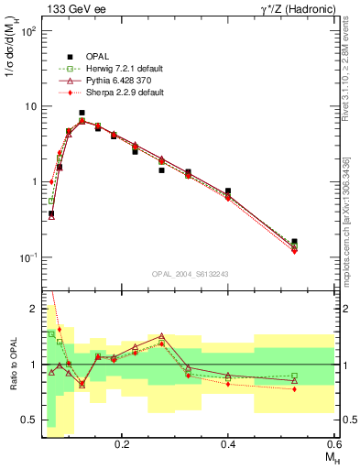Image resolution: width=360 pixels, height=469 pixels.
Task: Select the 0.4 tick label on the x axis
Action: tap(228, 443)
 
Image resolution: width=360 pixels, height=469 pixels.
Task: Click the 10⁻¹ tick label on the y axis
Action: tap(27, 257)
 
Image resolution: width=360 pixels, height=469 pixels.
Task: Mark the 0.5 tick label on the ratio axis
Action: tap(28, 420)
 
